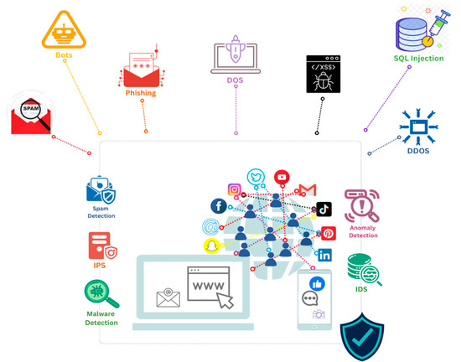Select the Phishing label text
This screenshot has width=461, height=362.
(x=141, y=92)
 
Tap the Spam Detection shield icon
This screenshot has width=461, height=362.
(x=102, y=190)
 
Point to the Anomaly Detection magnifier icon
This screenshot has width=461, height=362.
(x=362, y=206)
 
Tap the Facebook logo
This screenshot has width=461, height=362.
(x=219, y=206)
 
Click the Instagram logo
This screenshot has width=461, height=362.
(x=235, y=189)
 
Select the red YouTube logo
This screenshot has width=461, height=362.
(x=281, y=177)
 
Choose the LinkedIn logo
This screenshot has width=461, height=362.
(x=324, y=255)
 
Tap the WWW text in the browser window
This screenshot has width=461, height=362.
(x=208, y=287)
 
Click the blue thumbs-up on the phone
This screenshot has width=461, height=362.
(x=318, y=283)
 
